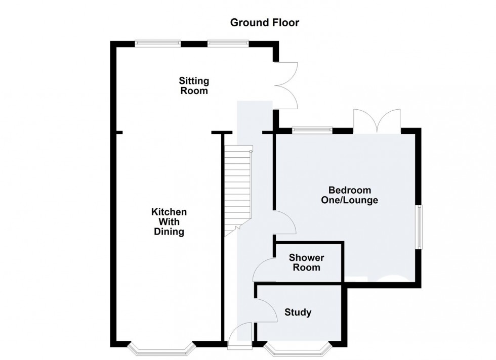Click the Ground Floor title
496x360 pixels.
[265, 22]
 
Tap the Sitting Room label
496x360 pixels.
[193, 86]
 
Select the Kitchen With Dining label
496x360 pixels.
[169, 222]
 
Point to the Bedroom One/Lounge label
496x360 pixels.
[350, 195]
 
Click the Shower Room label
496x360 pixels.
[306, 262]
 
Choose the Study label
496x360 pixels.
[298, 312]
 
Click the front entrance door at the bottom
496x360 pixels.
[239, 337]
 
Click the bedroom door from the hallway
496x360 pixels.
[284, 222]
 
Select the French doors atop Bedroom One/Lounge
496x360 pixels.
[377, 121]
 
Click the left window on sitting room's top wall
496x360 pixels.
[158, 44]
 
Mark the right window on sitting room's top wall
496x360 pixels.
[228, 44]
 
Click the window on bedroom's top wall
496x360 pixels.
[312, 130]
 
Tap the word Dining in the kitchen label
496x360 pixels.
[169, 232]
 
